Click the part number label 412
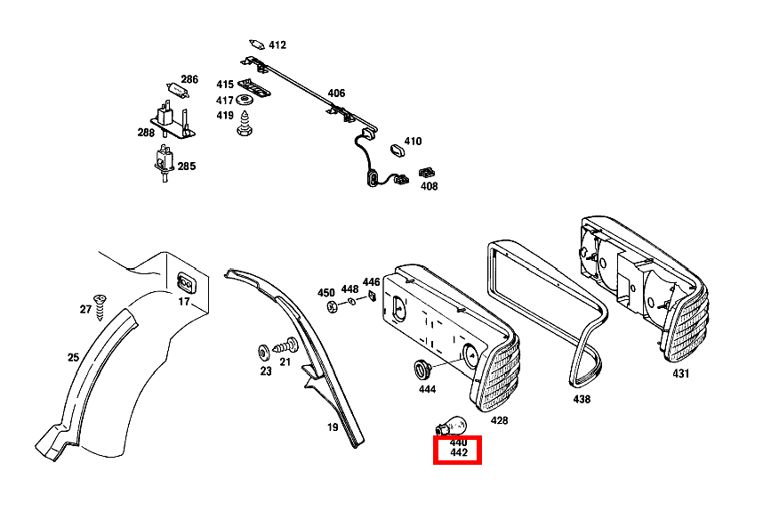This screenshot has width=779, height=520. [x=277, y=45]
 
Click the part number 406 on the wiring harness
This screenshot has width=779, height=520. [x=336, y=93]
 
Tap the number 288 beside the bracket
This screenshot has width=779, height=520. [x=146, y=133]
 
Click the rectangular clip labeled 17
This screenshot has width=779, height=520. [x=186, y=283]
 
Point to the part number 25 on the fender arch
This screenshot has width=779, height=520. [x=73, y=358]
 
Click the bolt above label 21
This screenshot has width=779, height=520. [x=285, y=345]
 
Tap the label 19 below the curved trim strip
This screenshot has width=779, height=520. [x=332, y=427]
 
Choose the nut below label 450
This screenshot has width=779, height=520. [x=332, y=307]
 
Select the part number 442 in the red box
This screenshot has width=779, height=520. [x=458, y=453]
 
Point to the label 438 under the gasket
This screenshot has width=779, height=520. [x=582, y=400]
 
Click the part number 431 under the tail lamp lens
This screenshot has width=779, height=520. [x=680, y=374]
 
